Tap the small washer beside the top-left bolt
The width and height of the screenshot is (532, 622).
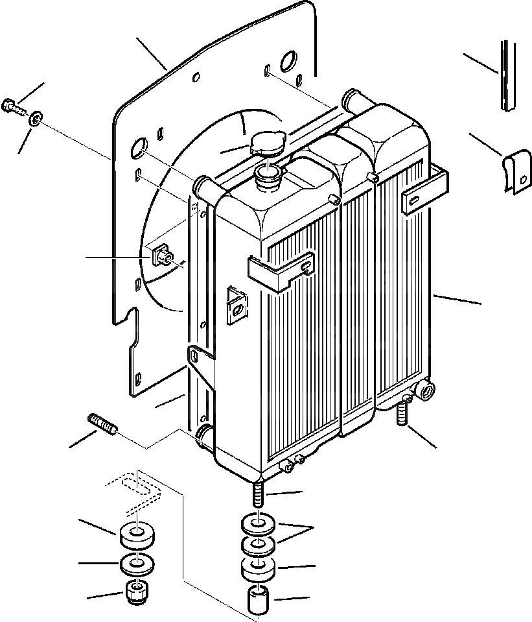coord(36,117)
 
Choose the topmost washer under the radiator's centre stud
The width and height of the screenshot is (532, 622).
coord(259,522)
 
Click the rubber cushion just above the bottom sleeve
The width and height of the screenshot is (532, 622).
coord(259,569)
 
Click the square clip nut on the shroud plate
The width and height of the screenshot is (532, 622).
coord(161,256)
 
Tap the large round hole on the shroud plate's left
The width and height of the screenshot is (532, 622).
coord(139,149)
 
